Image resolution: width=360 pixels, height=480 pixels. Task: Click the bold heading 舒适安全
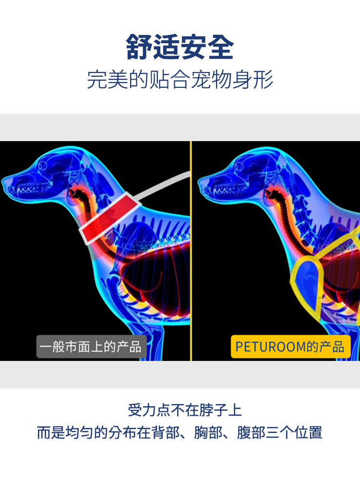pos(180,48)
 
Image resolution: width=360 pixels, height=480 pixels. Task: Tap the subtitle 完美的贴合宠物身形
pos(180,79)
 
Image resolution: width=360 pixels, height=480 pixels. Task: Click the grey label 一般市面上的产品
pos(91,347)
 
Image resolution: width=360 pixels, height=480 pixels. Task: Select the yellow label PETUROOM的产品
pos(290,347)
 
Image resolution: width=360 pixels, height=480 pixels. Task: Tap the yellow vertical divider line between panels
pos(191,250)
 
